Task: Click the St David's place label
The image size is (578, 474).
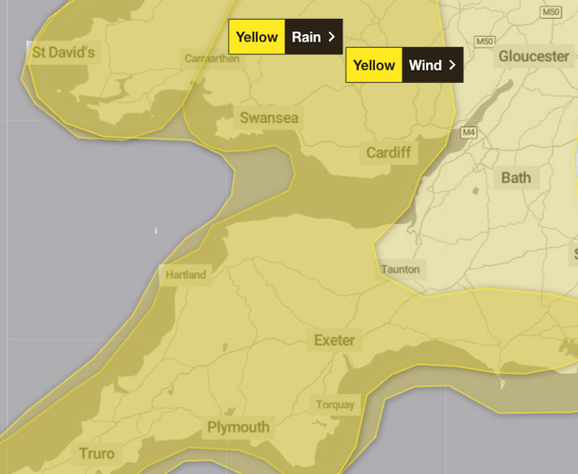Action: click(x=63, y=52)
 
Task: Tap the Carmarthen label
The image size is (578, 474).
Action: click(x=212, y=59)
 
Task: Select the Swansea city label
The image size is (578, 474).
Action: click(x=269, y=118)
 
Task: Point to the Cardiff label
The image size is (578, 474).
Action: click(x=388, y=153)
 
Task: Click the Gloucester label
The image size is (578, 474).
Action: click(x=534, y=56)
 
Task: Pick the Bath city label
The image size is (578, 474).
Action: click(x=517, y=177)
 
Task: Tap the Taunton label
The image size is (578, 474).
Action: click(x=400, y=269)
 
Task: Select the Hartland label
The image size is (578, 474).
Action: click(x=185, y=274)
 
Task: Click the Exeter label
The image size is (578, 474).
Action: click(x=334, y=340)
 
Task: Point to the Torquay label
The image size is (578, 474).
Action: click(x=335, y=404)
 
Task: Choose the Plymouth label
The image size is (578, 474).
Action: click(x=238, y=427)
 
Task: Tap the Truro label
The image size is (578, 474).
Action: click(x=97, y=453)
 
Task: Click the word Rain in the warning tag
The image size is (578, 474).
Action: click(x=307, y=37)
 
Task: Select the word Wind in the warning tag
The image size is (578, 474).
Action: click(x=424, y=65)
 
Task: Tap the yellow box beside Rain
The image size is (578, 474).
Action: click(x=257, y=37)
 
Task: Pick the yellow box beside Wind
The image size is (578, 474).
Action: click(x=374, y=65)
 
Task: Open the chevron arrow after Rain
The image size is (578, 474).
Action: click(x=331, y=37)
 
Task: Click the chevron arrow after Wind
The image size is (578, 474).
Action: click(x=452, y=65)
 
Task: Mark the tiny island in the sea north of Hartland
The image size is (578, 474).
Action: click(x=156, y=231)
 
